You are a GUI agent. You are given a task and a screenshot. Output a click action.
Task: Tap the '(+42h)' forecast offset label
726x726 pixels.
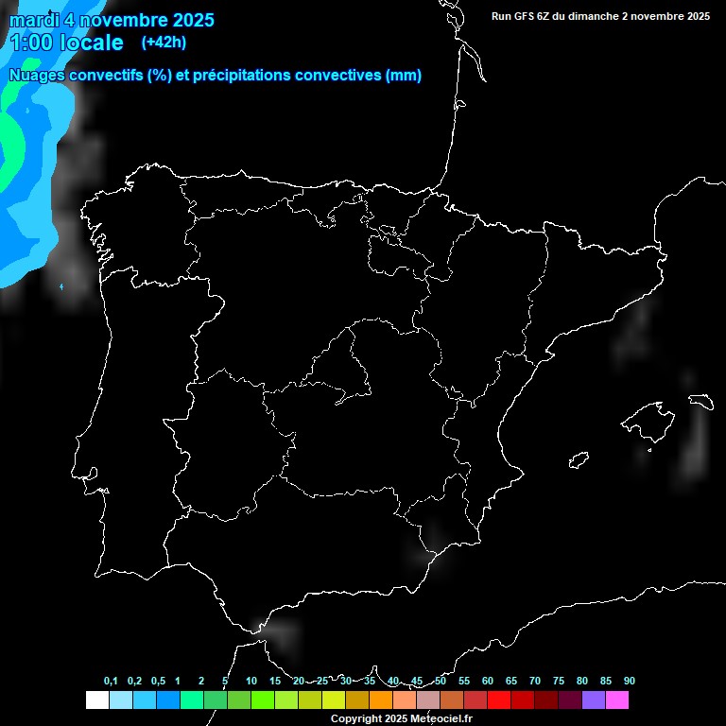164,42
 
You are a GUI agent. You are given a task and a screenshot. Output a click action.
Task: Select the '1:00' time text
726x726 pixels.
31,43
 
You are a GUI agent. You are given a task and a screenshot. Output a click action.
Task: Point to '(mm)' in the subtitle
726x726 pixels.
404,76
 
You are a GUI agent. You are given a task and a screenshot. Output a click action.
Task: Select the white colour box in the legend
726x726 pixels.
96,700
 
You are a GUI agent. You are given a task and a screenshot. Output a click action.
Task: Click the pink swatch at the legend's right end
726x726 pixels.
617,700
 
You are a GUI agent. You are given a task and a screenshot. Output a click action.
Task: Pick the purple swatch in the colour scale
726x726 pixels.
594,700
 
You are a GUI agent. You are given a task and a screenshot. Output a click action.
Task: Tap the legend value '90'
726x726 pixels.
630,682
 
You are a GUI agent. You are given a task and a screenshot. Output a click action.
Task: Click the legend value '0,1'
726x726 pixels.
111,682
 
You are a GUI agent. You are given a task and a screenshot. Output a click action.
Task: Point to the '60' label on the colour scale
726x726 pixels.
488,682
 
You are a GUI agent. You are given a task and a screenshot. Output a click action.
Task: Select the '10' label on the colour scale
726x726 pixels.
251,682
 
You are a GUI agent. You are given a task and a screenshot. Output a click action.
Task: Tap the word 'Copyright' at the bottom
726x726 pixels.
356,719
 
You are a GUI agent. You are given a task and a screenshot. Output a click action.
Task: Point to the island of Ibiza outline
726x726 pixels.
579,460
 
